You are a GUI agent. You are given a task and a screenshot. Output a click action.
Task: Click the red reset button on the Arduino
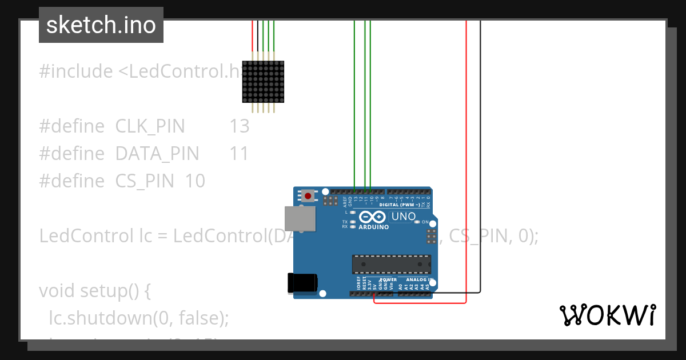point(309,196)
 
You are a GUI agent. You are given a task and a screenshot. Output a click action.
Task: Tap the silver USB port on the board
point(300,218)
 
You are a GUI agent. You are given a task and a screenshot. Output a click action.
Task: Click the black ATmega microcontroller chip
point(392,265)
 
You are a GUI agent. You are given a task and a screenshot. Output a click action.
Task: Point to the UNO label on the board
point(402,217)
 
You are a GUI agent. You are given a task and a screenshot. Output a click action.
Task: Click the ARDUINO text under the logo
point(373,227)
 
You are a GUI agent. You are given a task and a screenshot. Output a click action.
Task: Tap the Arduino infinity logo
point(373,217)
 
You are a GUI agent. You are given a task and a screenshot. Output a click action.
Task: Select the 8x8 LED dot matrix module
point(264,82)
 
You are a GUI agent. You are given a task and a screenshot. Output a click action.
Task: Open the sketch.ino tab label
point(101,25)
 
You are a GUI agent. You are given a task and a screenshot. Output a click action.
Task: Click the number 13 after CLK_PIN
point(240,126)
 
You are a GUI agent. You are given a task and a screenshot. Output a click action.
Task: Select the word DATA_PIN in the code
point(157,154)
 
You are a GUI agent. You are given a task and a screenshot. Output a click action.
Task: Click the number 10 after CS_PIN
point(195,181)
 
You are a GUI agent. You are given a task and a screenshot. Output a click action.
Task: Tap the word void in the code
point(57,291)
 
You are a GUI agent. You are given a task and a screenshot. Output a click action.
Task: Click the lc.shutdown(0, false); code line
point(139,318)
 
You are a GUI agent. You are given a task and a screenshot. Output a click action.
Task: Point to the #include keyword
point(76,71)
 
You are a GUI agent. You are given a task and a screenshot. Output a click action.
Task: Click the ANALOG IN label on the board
point(420,280)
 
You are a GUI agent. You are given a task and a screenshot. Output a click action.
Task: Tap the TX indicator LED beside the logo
point(353,222)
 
